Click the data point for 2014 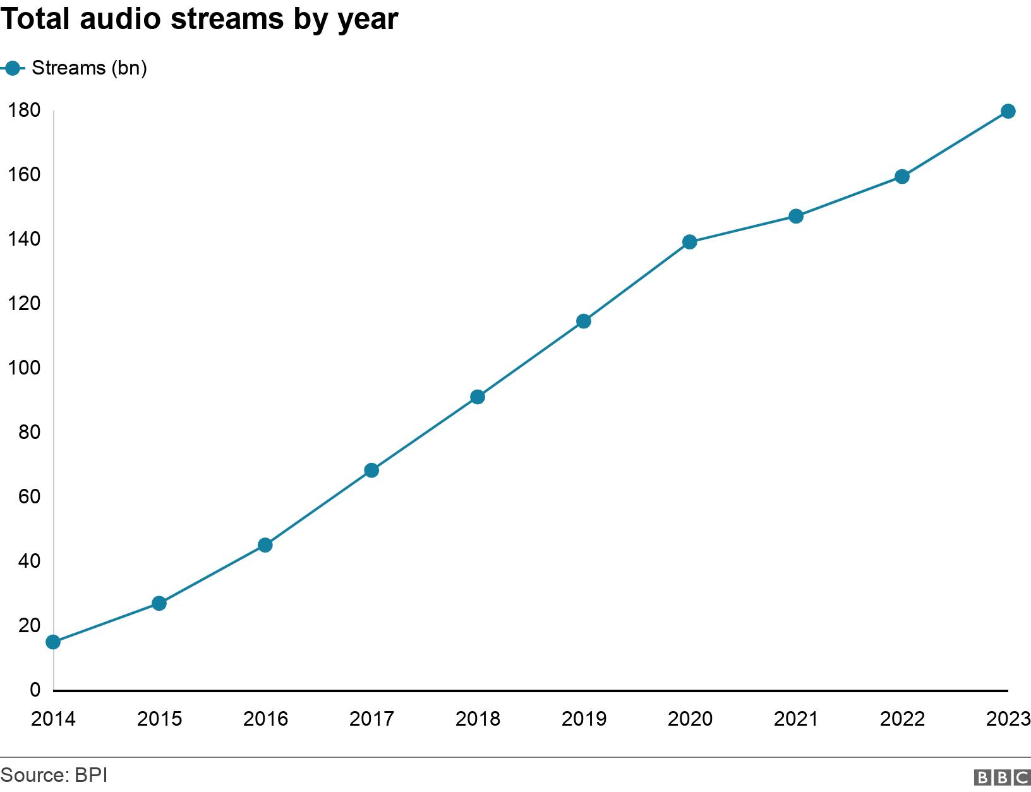click(x=54, y=642)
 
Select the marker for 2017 click(x=371, y=471)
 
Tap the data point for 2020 click(x=690, y=242)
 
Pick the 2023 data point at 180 click(x=1008, y=111)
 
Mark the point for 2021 click(x=796, y=216)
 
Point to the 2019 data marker click(x=584, y=321)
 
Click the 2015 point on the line click(x=159, y=604)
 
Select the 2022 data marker click(x=902, y=176)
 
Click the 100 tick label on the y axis click(x=24, y=368)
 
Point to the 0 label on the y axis click(x=35, y=690)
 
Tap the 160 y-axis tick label click(x=24, y=174)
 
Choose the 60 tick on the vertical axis click(x=29, y=496)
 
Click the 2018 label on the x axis click(x=478, y=719)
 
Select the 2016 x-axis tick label click(x=265, y=719)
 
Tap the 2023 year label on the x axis click(x=1008, y=719)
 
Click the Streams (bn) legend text click(x=89, y=68)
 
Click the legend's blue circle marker click(x=13, y=68)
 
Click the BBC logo click(x=1001, y=777)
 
